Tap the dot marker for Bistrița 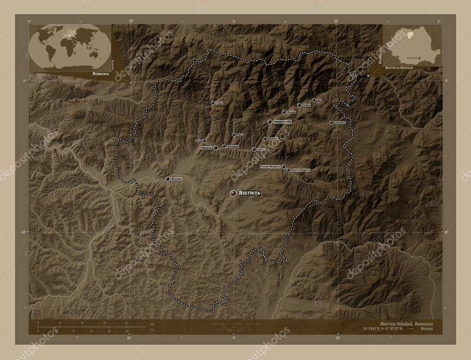click(233, 194)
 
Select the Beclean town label click(177, 178)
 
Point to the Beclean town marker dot click(167, 178)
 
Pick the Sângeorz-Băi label click(283, 122)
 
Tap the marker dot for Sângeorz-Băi click(270, 122)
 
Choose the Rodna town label click(306, 105)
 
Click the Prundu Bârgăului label click(270, 166)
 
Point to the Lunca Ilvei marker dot click(331, 123)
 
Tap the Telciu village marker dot click(213, 103)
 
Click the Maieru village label click(292, 112)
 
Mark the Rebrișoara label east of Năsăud click(233, 146)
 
